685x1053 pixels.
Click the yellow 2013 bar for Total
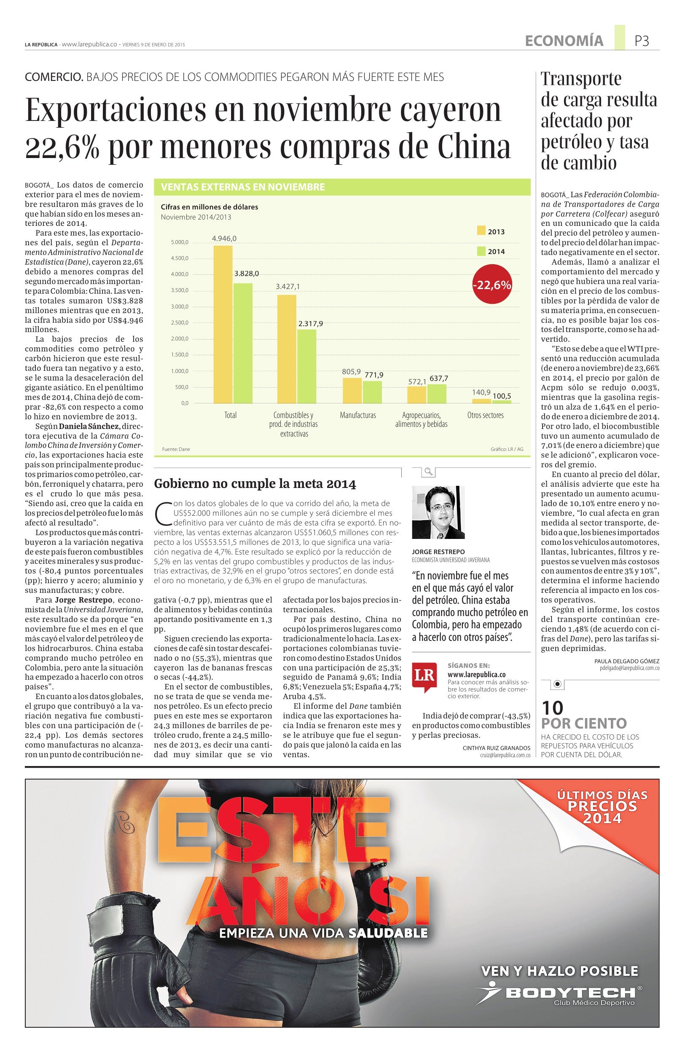coord(223,324)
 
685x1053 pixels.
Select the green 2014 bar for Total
coord(242,343)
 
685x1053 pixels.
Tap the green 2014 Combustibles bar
coord(306,366)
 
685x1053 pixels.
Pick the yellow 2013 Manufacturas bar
coord(352,390)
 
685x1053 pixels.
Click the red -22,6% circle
coord(492,285)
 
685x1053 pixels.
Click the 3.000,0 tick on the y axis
coord(180,307)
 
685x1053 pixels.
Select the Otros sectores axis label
coord(486,415)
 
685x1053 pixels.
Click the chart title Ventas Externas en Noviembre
coord(243,187)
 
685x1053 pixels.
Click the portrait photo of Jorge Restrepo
coord(438,512)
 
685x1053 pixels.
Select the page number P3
coord(642,41)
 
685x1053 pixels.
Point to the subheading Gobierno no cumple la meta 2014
coord(255,484)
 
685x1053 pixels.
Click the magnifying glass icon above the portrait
coord(428,472)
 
